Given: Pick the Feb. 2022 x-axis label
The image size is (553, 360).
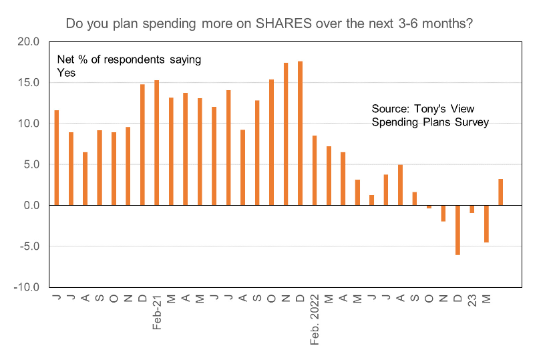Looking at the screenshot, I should pos(315,321).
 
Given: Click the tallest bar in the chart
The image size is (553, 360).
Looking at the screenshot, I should pos(301,133).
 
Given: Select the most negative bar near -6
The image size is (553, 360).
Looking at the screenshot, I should pos(458,230).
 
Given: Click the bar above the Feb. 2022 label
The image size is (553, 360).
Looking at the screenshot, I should pos(315,170).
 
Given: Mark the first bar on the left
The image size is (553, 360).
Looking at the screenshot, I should pos(56,158).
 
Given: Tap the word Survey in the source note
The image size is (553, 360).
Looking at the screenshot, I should pos(473,122).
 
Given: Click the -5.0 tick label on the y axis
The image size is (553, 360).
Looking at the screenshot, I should pos(30,246).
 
